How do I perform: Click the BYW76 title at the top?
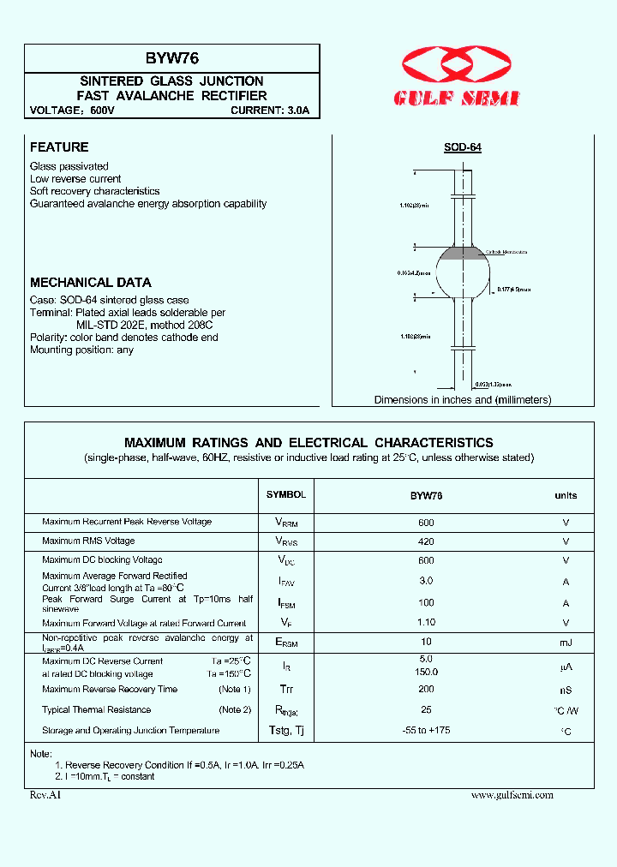[x=171, y=58]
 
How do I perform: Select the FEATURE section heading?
[x=59, y=147]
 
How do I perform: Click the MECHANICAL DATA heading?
[x=91, y=282]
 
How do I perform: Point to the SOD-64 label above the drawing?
[x=462, y=147]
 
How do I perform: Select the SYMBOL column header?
[x=286, y=495]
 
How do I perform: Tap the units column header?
[x=566, y=495]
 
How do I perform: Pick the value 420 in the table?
[x=426, y=541]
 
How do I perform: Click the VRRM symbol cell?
[x=286, y=523]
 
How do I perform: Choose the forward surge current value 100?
[x=426, y=602]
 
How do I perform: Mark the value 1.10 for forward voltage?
[x=426, y=623]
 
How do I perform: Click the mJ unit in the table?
[x=566, y=643]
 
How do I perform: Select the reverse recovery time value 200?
[x=426, y=689]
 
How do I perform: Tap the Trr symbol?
[x=286, y=690]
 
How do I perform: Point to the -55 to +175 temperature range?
[x=426, y=730]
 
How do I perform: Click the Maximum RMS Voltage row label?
[x=88, y=541]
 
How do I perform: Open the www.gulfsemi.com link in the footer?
[x=512, y=795]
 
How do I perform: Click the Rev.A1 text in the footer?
[x=46, y=795]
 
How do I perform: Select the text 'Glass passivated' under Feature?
[x=69, y=166]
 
